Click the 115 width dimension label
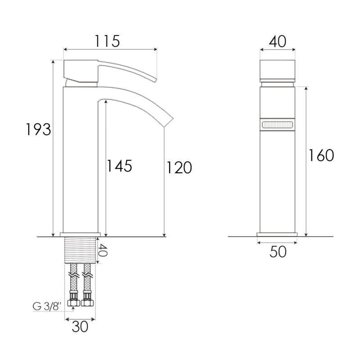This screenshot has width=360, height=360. [x=107, y=41]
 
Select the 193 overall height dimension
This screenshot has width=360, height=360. [x=38, y=130]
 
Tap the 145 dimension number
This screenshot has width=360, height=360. [x=119, y=166]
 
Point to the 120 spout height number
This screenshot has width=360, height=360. [x=179, y=167]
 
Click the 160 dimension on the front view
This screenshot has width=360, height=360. [x=321, y=155]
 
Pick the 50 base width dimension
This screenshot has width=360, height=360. [x=278, y=252]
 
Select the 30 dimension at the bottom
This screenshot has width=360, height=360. [x=80, y=327]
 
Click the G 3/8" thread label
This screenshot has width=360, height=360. [x=47, y=306]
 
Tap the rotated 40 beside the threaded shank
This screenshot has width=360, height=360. [x=103, y=250]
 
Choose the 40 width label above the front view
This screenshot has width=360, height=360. [x=278, y=41]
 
